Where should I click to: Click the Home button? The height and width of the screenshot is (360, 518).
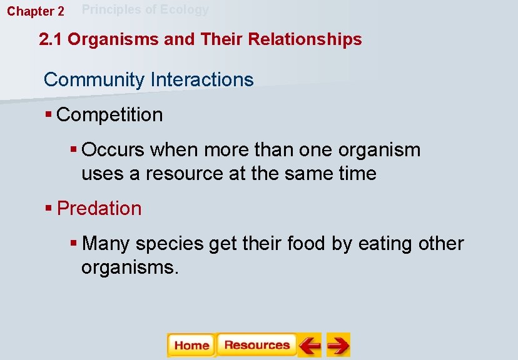(x=191, y=345)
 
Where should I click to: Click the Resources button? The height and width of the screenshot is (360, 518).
(x=256, y=345)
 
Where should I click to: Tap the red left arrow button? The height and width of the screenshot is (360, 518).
(x=309, y=345)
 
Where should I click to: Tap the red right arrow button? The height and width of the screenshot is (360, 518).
(x=338, y=345)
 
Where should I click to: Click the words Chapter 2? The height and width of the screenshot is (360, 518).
(x=36, y=11)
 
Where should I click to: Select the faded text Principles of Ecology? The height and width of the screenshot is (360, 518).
(x=146, y=9)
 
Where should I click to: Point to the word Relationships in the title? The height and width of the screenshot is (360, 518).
(x=305, y=39)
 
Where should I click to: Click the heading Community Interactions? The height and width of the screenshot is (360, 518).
(x=149, y=80)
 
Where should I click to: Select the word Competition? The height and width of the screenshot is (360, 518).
(x=109, y=115)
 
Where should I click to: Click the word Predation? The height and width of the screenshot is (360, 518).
(x=99, y=209)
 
